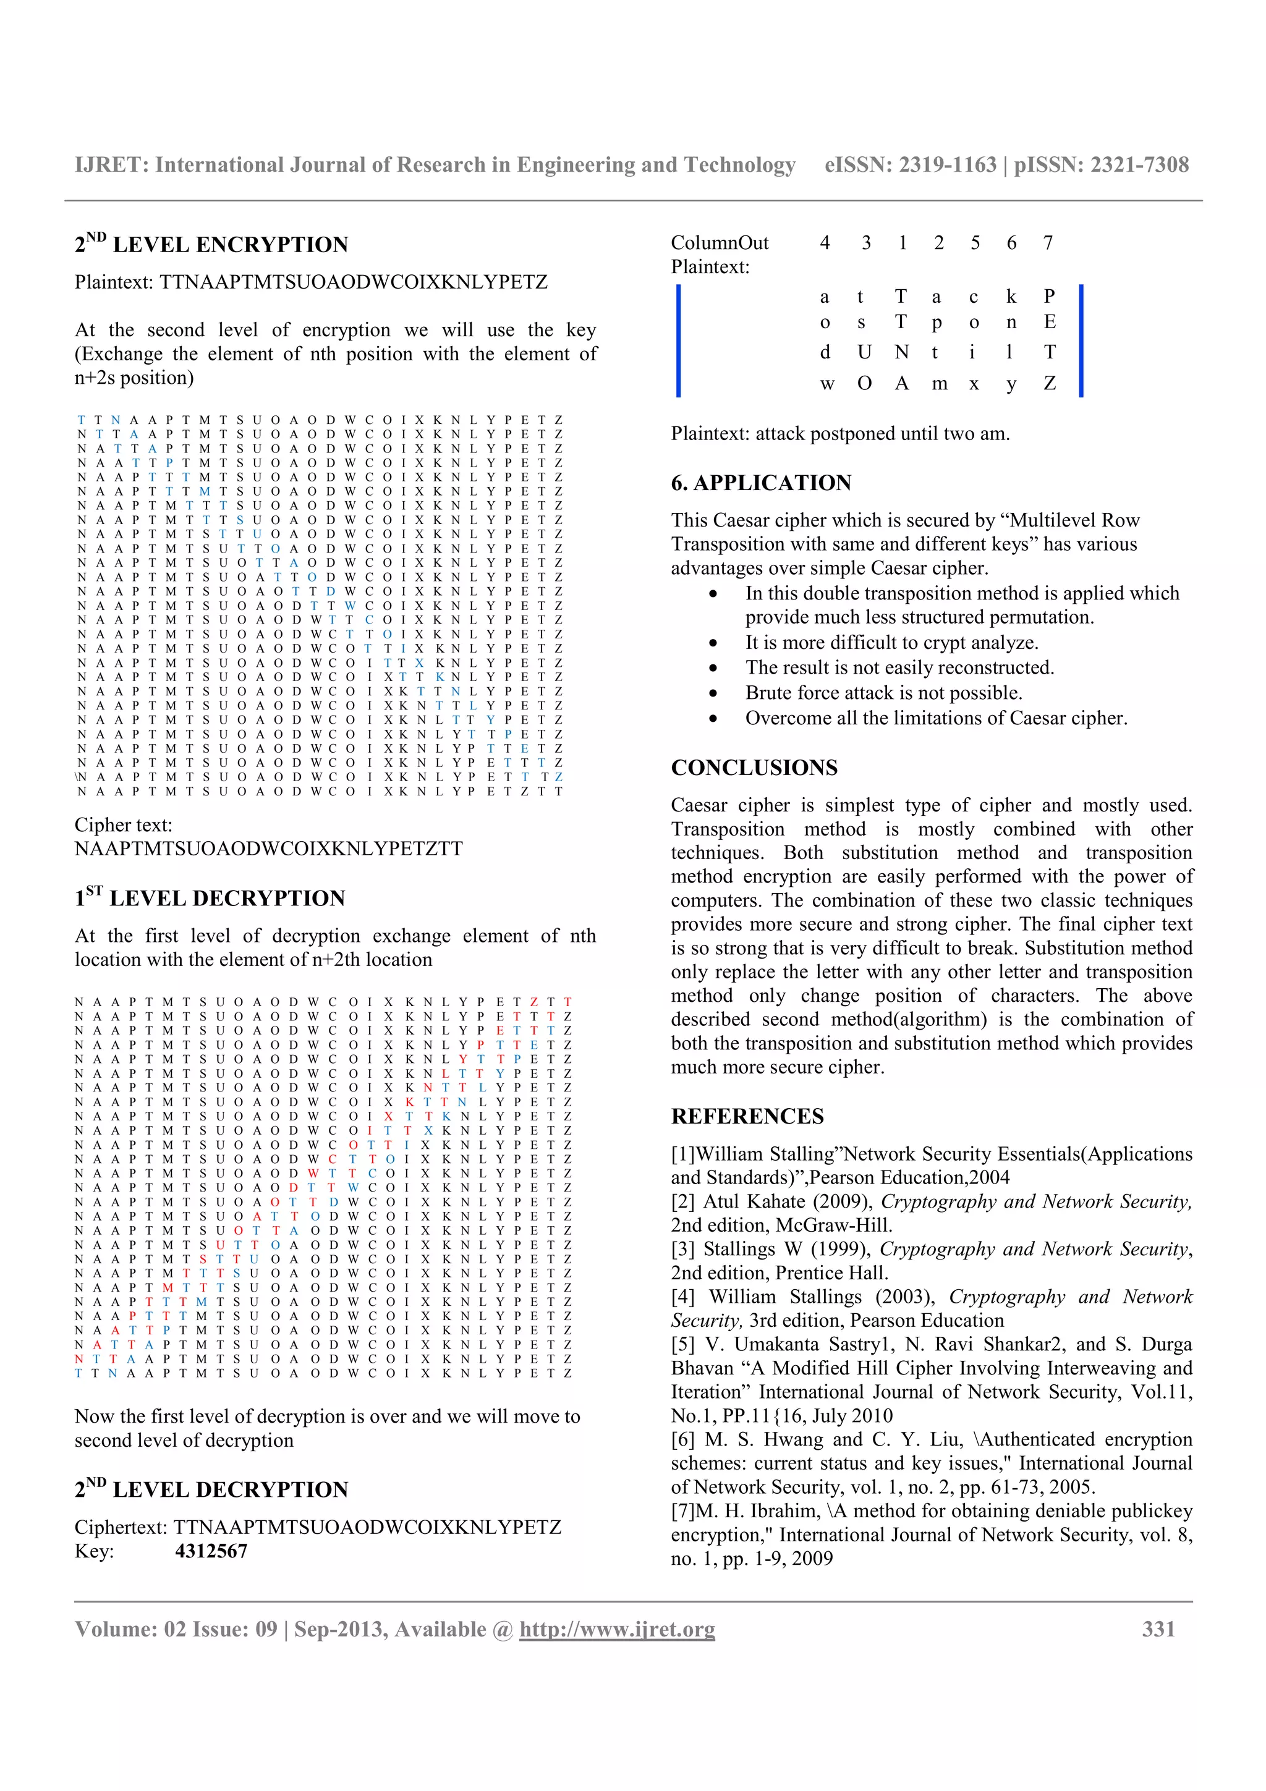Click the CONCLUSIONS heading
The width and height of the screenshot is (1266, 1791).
754,768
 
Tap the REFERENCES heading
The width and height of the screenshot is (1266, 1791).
747,1116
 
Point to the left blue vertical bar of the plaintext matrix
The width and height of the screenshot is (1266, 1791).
678,341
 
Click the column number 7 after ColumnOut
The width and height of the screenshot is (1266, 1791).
1048,243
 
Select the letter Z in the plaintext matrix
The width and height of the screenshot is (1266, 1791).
1049,384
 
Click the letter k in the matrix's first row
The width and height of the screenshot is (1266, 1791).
1011,297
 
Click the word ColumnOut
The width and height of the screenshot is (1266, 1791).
719,243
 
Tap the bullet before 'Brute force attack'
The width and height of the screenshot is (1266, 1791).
713,693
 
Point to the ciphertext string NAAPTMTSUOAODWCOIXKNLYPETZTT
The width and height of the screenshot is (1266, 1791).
268,849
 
